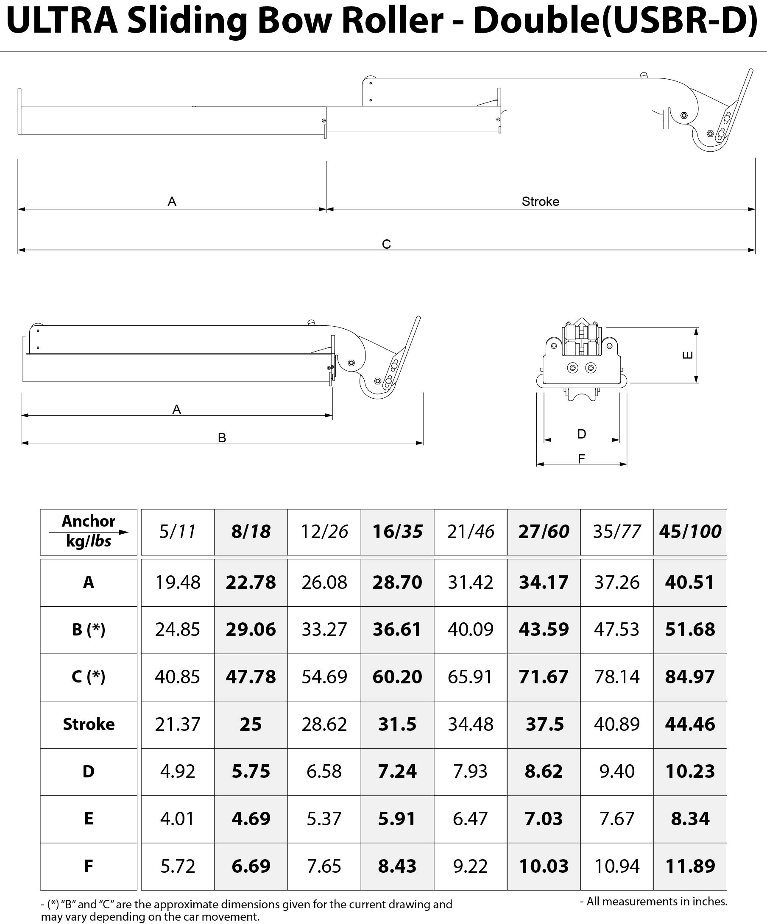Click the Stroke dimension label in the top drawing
pos(540,202)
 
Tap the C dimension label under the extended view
pos(386,244)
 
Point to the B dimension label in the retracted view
pos(222,438)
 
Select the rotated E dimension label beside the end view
pos(687,355)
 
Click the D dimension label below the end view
pos(582,434)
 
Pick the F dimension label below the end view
pos(582,459)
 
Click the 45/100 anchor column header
pos(690,532)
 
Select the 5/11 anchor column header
pos(177,532)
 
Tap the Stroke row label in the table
pos(89,724)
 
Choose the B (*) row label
pos(89,630)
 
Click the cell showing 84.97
pos(690,677)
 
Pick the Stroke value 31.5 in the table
pos(397,724)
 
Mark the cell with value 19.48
pos(177,583)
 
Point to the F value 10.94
pos(616,866)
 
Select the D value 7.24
pos(397,771)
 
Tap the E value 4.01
pos(177,819)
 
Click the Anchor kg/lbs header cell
pos(89,532)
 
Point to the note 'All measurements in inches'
pos(654,901)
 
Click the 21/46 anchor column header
pos(471,532)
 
